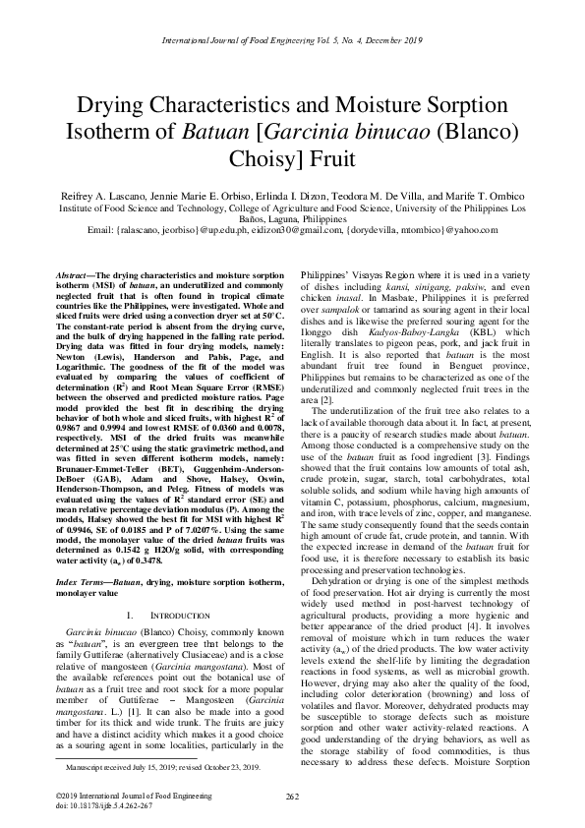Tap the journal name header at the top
click(x=292, y=40)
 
